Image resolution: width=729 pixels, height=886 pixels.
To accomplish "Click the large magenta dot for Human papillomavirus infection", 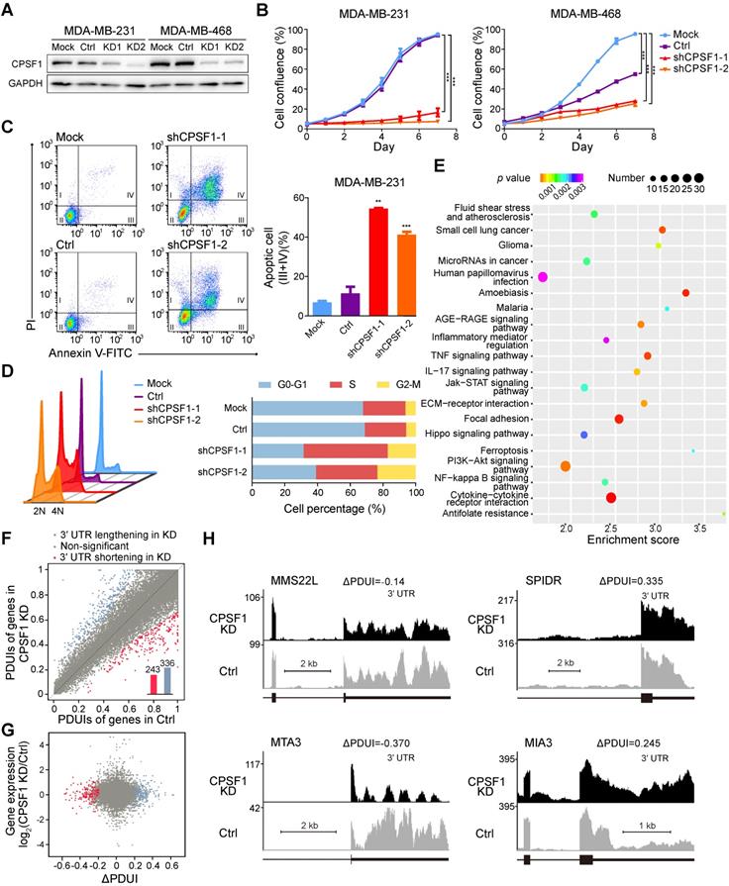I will [x=542, y=281].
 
